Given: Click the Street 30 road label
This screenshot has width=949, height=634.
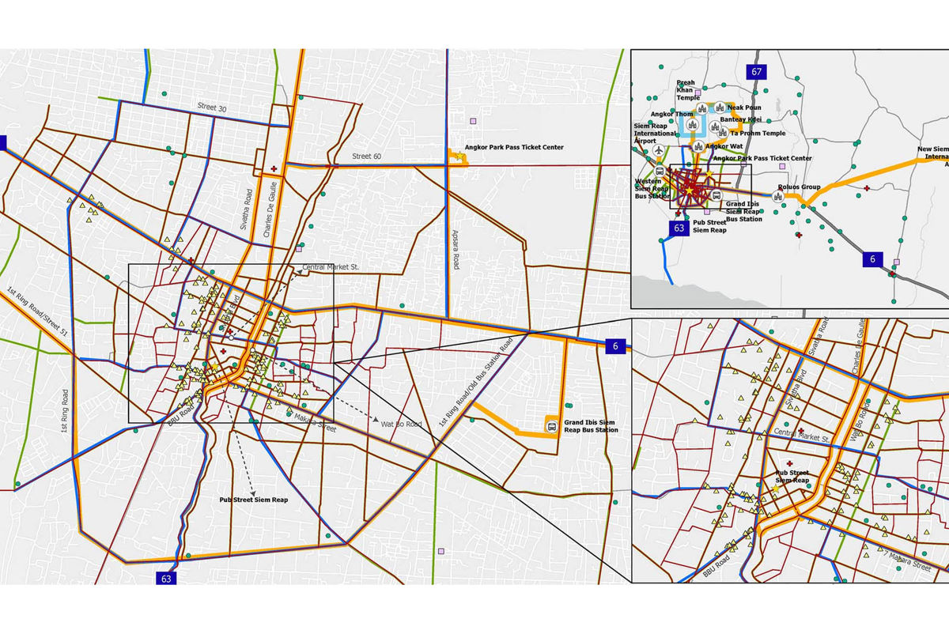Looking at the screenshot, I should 211,108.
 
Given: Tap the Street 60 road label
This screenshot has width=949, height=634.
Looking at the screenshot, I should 366,157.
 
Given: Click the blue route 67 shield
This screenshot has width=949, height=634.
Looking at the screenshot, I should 756,72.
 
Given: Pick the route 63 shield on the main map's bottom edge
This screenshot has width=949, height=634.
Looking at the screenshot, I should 166,578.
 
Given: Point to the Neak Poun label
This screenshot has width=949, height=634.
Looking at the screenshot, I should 743,108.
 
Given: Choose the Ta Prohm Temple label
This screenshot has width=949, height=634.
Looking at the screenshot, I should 757,134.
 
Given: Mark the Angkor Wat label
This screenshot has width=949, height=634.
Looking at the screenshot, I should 724,146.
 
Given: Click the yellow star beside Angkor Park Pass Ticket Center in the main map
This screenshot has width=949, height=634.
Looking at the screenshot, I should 459,157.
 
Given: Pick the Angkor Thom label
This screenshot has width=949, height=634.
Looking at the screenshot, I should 673,115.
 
